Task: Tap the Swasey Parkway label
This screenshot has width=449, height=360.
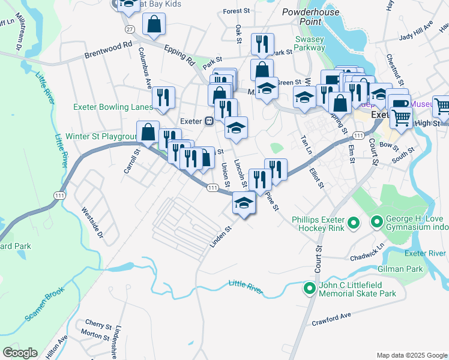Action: tap(310, 44)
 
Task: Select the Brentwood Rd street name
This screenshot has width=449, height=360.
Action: tap(107, 45)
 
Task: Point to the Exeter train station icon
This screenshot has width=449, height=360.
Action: tap(209, 121)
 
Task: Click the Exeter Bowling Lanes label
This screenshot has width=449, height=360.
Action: tap(112, 107)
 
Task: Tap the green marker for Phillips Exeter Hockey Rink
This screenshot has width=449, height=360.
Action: tap(354, 224)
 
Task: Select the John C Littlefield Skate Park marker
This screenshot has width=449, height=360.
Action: tap(310, 289)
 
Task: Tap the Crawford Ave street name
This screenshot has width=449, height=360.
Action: tap(331, 319)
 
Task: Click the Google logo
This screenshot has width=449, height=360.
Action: tap(20, 353)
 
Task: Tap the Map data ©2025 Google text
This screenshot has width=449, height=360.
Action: tap(412, 355)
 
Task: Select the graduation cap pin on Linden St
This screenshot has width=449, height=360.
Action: tap(244, 205)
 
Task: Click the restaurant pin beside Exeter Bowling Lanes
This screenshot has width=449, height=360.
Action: tap(163, 98)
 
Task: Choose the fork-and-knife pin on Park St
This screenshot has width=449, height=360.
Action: tap(263, 44)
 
